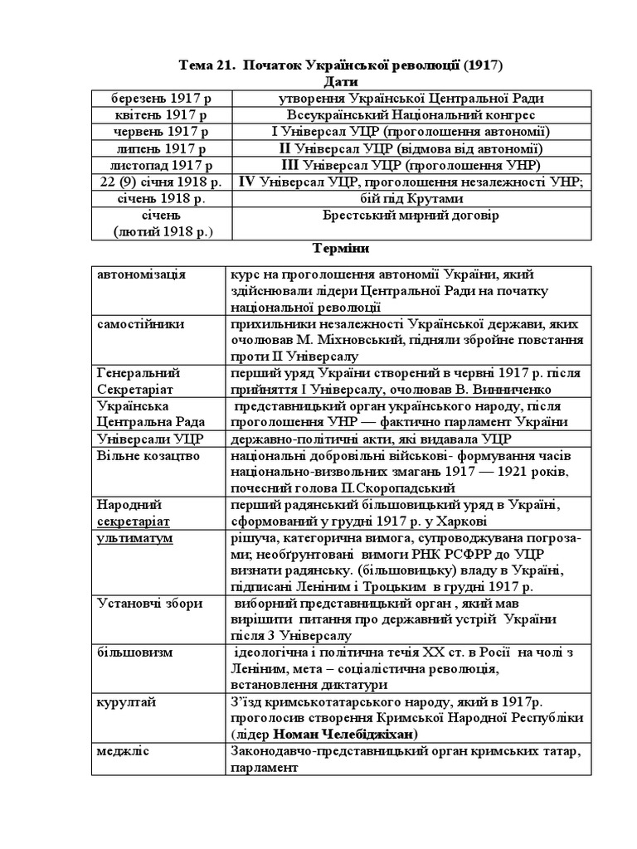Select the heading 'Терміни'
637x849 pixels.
pos(340,248)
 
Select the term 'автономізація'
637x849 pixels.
pos(141,274)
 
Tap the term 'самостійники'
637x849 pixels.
pos(140,323)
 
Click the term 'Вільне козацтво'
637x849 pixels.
pos(144,455)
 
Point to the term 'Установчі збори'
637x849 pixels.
pos(149,604)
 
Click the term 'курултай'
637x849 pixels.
pos(126,702)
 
